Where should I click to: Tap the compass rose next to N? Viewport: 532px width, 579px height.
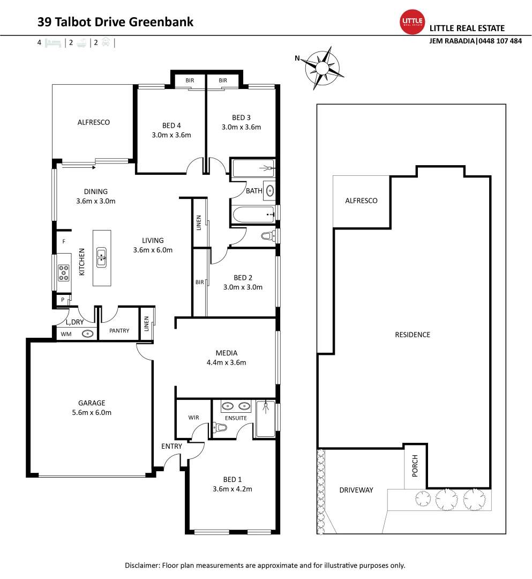point(323,68)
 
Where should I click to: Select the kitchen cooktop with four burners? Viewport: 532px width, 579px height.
point(64,273)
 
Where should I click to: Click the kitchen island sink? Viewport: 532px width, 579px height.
point(101,258)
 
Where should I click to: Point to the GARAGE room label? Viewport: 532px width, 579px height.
point(92,403)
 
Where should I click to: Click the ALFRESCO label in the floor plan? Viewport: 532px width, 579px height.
point(93,122)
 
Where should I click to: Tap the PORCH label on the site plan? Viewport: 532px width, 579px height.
point(415,470)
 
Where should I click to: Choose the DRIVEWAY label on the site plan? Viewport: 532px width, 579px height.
point(356,490)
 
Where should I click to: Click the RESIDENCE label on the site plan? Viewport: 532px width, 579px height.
point(413,335)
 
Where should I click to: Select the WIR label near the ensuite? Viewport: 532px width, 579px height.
point(193,417)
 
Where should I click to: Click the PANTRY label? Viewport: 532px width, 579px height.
point(119,331)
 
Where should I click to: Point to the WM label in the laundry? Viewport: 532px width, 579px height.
point(66,334)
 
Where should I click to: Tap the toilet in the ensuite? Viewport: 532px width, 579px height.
point(220,427)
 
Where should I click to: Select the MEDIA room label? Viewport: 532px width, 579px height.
point(227,353)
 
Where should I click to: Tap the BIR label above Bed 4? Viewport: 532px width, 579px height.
point(190,80)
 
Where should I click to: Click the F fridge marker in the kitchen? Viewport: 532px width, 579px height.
point(64,241)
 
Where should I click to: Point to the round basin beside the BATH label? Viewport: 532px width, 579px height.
point(269,190)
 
